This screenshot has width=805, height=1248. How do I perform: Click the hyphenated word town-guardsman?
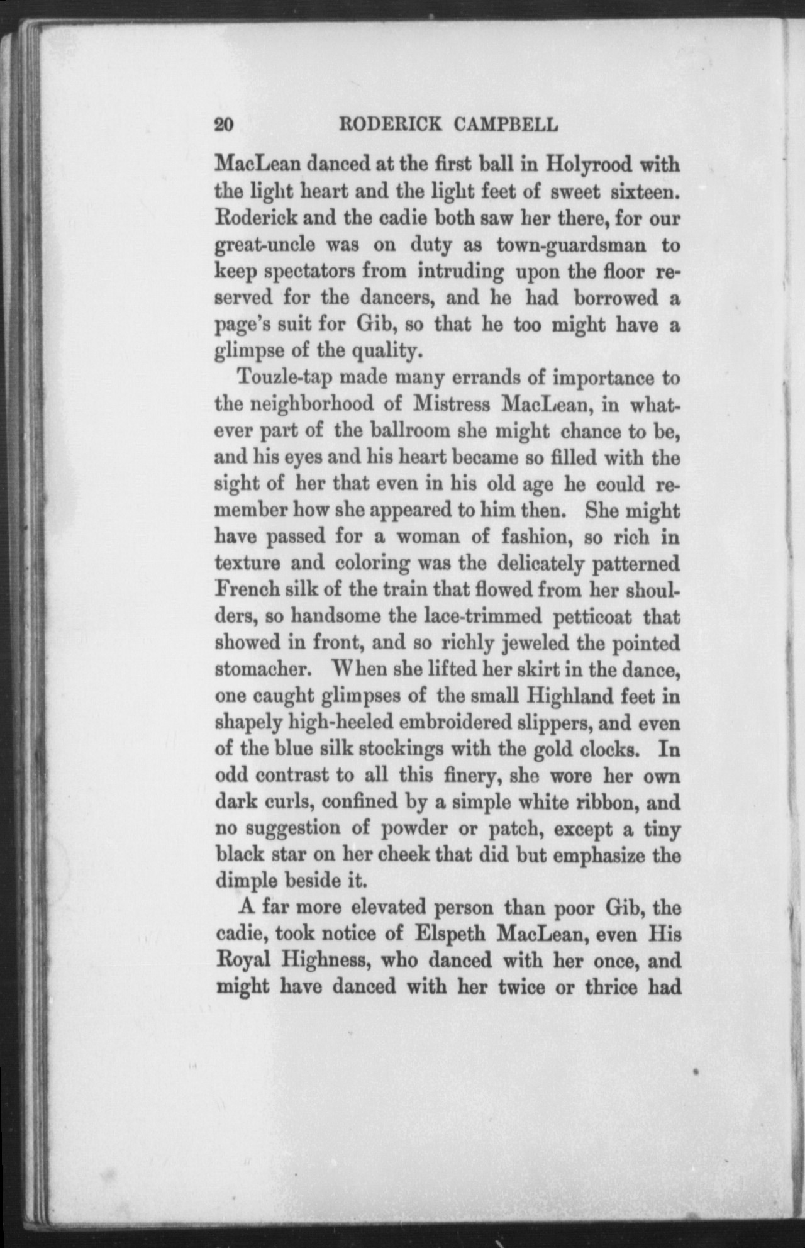coord(570,245)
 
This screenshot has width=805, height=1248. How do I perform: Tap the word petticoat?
coord(591,618)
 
